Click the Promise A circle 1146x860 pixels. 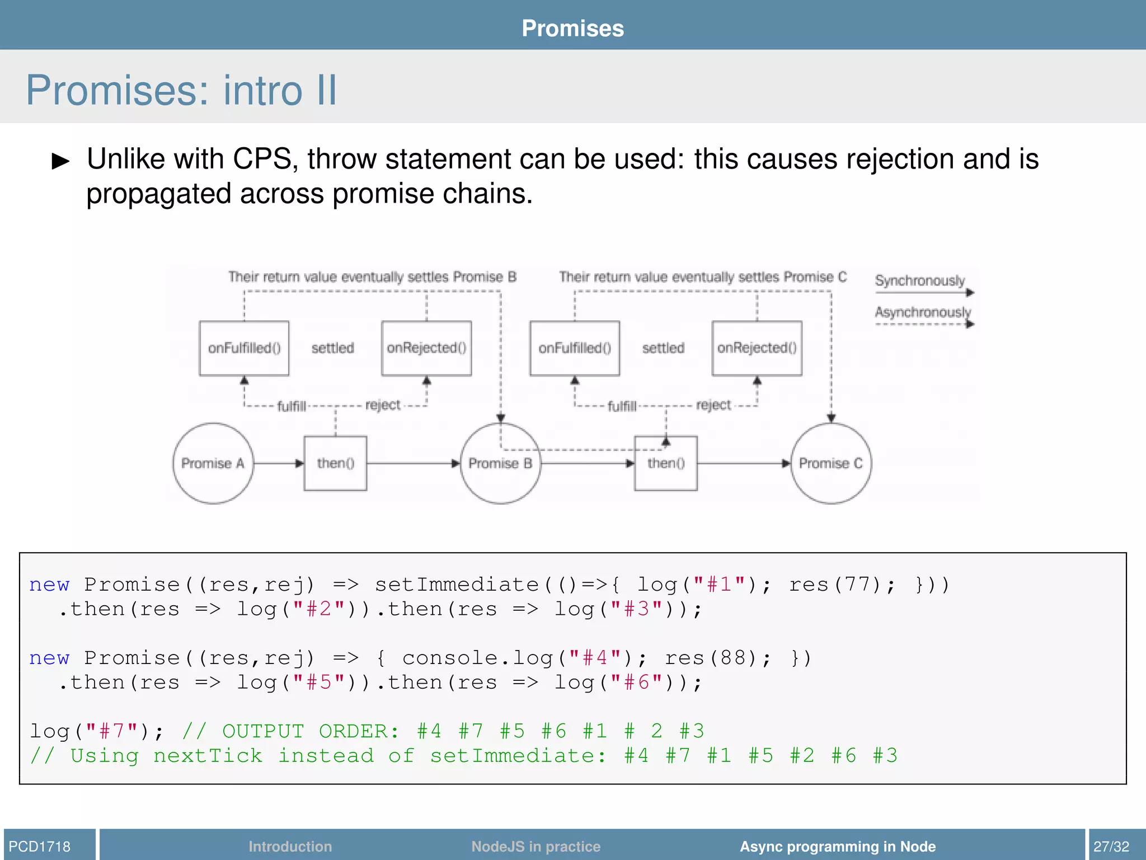coord(213,463)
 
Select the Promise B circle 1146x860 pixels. coord(500,463)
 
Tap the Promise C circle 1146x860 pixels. coord(831,463)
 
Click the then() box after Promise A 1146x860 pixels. coord(335,463)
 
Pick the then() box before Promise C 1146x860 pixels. coord(665,463)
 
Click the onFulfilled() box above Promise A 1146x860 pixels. coord(244,348)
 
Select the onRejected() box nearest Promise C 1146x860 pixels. coord(757,348)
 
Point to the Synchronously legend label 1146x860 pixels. coord(919,280)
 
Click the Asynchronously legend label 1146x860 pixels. coord(922,312)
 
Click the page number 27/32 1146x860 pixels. coord(1111,846)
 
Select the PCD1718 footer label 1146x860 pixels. coord(40,846)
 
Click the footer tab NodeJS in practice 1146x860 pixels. coord(536,846)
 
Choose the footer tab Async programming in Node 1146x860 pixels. coord(837,846)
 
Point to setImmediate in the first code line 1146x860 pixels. coord(456,585)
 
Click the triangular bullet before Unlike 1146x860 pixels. coord(60,161)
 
